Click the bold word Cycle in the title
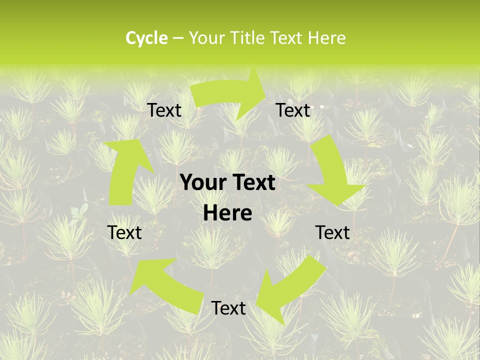click(146, 38)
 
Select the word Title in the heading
click(247, 38)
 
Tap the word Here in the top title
click(326, 38)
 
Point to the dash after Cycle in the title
click(178, 38)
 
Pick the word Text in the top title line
click(286, 38)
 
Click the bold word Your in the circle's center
click(204, 183)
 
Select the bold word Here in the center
click(227, 213)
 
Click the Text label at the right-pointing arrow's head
click(293, 110)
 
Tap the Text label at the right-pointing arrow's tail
click(164, 110)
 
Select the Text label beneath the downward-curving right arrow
click(332, 232)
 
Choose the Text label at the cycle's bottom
click(228, 308)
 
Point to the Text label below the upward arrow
click(124, 232)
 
